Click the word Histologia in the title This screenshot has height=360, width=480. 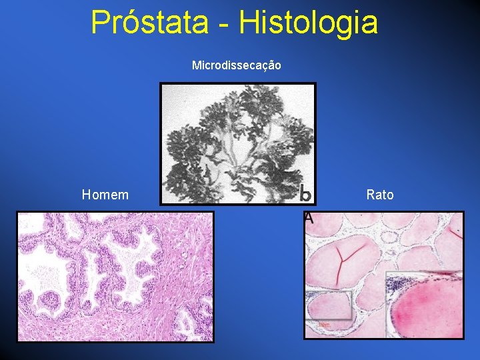point(309,22)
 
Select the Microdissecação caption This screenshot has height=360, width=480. point(236,65)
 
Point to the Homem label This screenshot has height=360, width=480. point(105,195)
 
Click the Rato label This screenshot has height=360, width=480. point(380,195)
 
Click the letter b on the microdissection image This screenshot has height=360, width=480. point(305,193)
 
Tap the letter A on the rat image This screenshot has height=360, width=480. point(308,217)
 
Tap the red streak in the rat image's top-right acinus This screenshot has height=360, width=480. point(456,231)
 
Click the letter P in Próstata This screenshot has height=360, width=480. point(99,22)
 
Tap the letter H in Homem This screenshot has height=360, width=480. point(86,195)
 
